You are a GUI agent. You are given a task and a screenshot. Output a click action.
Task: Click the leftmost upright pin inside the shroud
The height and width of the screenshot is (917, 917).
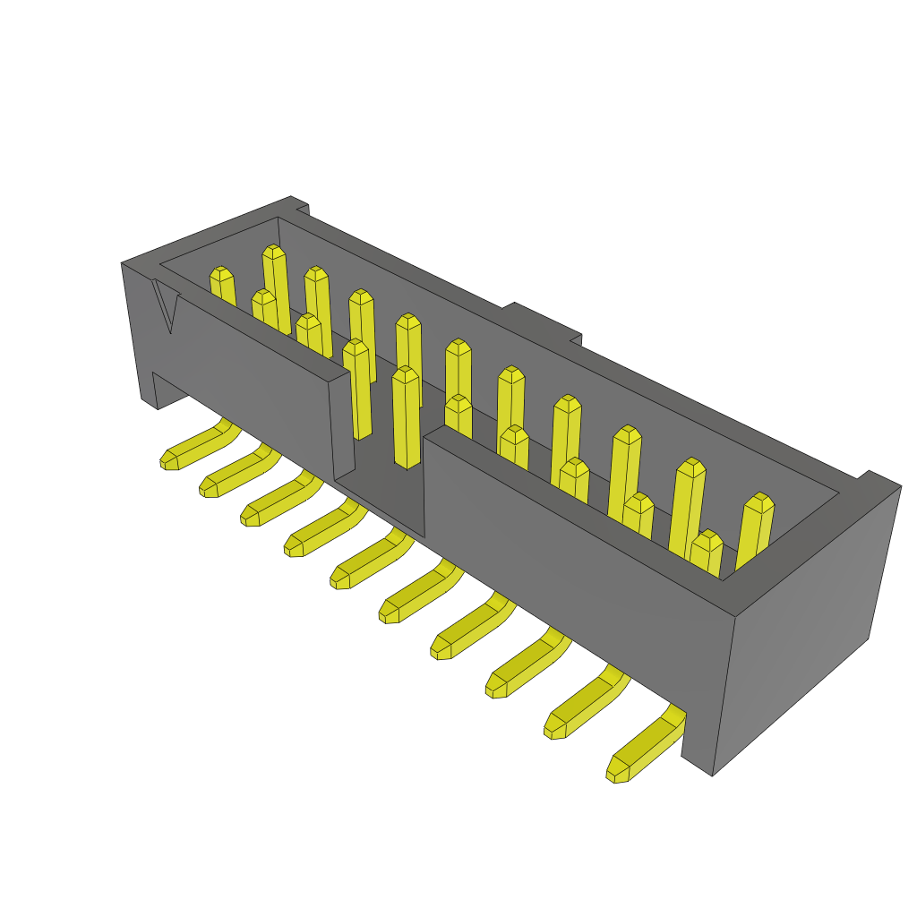[x=222, y=287]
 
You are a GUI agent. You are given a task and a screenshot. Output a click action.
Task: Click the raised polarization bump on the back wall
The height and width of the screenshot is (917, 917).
[x=543, y=322]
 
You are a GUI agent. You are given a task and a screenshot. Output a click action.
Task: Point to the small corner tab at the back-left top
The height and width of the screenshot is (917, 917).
[x=300, y=207]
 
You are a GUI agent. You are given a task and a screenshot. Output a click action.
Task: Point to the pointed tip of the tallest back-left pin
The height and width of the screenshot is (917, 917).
[x=274, y=250]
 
